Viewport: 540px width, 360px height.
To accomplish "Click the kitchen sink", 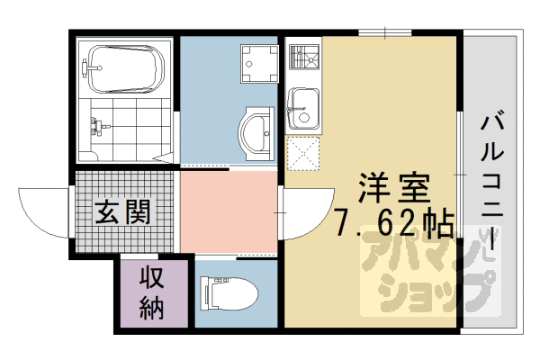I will pyautogui.click(x=302, y=109).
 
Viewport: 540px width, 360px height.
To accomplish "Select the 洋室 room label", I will pyautogui.click(x=393, y=188).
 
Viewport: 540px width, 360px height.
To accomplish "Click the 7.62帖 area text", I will pyautogui.click(x=394, y=222).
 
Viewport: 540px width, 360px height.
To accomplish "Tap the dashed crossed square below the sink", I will pyautogui.click(x=303, y=154).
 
